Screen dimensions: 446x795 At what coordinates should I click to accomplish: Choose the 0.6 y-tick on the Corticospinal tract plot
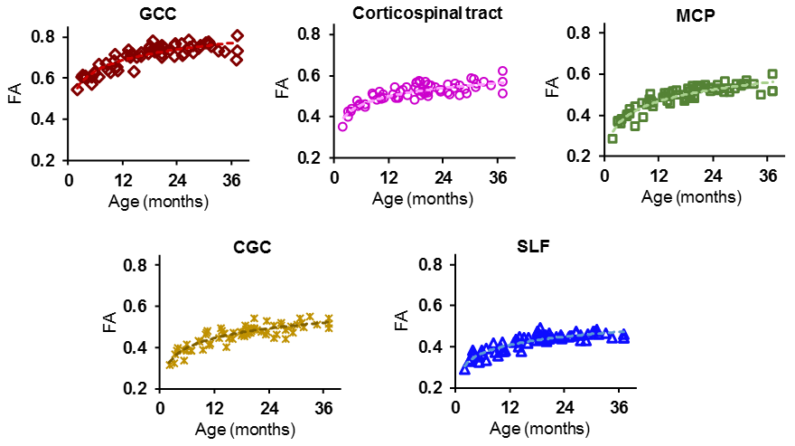(311, 75)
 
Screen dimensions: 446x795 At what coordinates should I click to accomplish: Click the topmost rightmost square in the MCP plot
(772, 74)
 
